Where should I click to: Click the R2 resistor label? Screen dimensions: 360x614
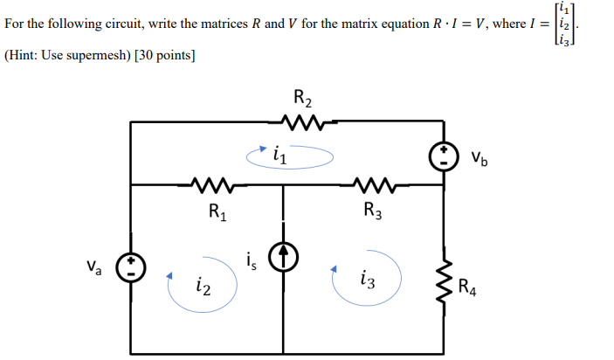pyautogui.click(x=300, y=99)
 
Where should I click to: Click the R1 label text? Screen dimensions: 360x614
pyautogui.click(x=217, y=211)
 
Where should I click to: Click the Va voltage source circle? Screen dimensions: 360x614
pyautogui.click(x=130, y=265)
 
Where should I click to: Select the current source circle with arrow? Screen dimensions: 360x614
pyautogui.click(x=283, y=256)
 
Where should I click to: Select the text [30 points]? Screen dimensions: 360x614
pyautogui.click(x=165, y=55)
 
